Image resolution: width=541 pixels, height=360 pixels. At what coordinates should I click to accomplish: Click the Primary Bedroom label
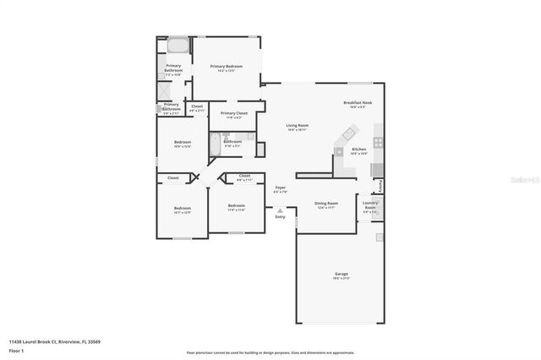(227, 67)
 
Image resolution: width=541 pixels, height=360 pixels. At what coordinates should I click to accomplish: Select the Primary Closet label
(234, 113)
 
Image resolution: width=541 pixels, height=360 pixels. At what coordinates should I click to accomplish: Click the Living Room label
(297, 125)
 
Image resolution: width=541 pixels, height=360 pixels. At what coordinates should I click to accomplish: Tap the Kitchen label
(358, 149)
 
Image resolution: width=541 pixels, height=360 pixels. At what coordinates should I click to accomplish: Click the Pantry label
(380, 185)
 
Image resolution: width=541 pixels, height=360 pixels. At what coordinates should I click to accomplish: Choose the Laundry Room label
(369, 205)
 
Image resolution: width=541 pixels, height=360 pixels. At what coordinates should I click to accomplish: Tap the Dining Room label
(326, 204)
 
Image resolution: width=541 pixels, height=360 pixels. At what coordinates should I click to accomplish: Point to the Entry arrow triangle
(280, 210)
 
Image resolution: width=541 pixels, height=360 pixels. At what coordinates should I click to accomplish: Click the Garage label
(341, 273)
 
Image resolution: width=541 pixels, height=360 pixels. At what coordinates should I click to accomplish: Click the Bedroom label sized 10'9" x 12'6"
(182, 142)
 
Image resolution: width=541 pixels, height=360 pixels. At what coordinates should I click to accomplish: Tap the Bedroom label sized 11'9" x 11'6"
(236, 205)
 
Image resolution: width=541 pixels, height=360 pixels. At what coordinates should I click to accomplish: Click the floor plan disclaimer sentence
(270, 352)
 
